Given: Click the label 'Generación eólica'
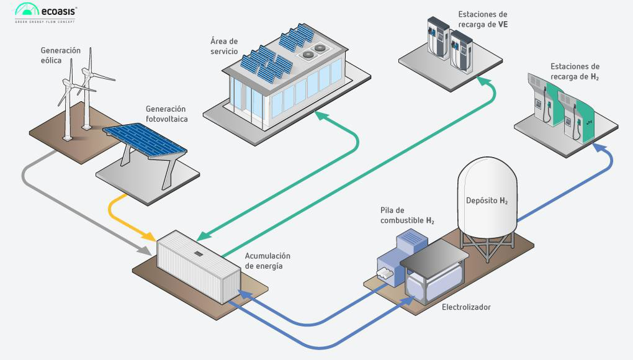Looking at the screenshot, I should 61,55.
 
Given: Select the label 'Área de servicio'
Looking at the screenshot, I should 224,46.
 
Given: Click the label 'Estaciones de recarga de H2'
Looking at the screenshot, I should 575,71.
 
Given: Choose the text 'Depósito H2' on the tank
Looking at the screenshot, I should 487,200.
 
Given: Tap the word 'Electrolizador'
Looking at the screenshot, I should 466,307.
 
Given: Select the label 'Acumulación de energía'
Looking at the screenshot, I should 267,261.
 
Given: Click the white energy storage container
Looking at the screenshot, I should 197,266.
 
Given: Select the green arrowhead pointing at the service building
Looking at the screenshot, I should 318,114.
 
